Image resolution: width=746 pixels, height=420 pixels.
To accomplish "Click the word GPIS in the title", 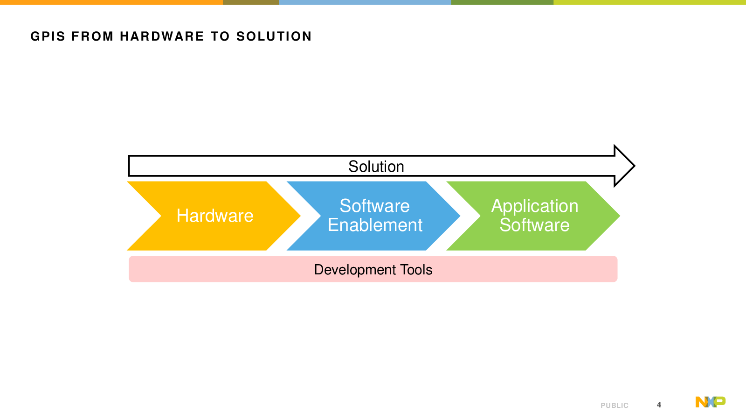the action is (48, 36).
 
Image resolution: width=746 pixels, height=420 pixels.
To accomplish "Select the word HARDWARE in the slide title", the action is (162, 36).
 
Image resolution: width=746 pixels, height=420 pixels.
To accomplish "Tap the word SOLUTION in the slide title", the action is (274, 36).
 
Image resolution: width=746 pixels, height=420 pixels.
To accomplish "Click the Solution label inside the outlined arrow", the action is (376, 166).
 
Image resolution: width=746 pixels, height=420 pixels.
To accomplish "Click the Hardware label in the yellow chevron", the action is (215, 216).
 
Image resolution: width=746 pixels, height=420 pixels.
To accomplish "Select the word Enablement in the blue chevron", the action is (375, 225).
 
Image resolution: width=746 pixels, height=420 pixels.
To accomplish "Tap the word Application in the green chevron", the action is (534, 206).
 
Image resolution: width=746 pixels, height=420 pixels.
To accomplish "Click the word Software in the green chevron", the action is (534, 225).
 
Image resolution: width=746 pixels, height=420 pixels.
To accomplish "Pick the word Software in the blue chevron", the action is (375, 206).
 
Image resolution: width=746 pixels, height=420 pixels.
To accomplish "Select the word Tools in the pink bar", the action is (416, 270).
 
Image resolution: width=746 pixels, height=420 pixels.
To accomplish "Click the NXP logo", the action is (711, 402).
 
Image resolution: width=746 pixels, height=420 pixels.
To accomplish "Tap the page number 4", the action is (659, 405).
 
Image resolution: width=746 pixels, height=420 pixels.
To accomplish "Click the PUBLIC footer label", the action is (615, 406).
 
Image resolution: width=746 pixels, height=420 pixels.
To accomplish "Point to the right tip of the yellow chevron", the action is (300, 216).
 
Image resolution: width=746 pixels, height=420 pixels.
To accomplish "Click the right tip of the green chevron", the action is (620, 216).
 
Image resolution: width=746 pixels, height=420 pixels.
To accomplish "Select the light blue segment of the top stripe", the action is (365, 2).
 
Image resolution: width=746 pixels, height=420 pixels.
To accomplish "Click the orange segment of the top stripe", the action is (111, 2).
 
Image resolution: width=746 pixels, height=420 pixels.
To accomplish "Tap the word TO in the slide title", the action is (220, 36).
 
